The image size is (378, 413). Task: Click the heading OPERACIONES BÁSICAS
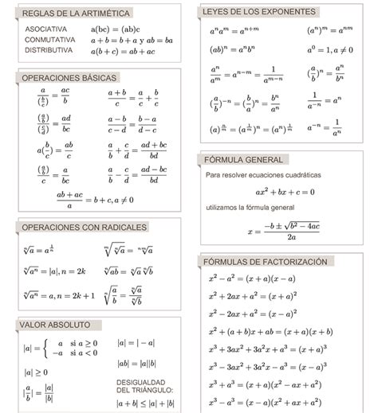(69, 78)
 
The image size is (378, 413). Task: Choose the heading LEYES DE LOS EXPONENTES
(259, 12)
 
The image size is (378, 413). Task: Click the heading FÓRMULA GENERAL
(243, 159)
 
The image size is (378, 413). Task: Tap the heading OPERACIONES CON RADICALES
(84, 227)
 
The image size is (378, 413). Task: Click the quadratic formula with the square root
(284, 231)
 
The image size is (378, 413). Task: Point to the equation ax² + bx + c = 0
(285, 192)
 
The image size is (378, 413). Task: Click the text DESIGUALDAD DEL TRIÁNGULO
(144, 385)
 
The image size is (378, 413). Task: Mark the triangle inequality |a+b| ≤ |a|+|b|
(145, 403)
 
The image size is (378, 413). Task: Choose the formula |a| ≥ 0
(35, 372)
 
